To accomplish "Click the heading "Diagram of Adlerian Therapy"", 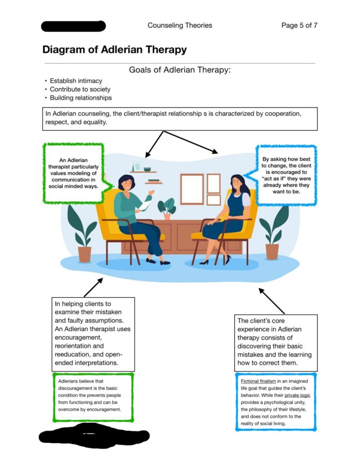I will point(114,50).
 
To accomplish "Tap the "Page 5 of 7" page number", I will point(299,25).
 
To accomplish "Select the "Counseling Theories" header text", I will point(180,25).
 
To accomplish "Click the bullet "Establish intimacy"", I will point(76,81).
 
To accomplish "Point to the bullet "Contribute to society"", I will point(80,89).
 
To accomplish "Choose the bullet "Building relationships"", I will point(81,98).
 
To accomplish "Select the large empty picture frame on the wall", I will point(192,189).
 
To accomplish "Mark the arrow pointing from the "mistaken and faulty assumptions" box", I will point(93,288).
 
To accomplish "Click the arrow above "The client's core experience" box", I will point(272,300).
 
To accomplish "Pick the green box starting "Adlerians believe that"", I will point(93,396).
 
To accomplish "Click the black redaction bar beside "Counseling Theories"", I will point(73,26).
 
